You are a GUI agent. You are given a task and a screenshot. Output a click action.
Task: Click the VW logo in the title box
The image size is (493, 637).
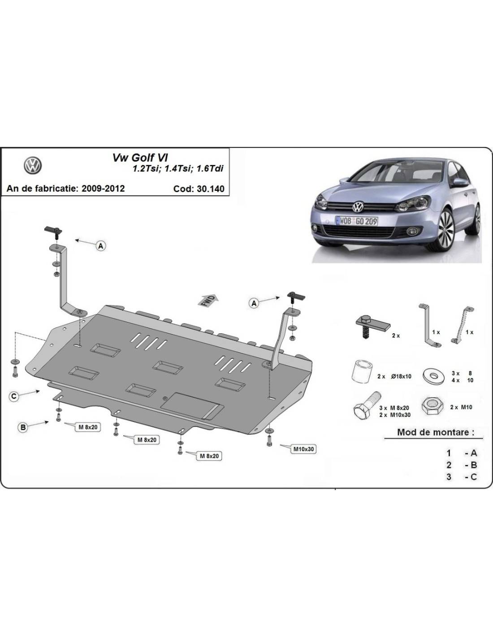click(33, 165)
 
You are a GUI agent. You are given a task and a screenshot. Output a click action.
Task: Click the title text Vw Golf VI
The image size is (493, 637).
click(140, 158)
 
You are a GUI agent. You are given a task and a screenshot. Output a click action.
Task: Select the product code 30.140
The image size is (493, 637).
click(211, 189)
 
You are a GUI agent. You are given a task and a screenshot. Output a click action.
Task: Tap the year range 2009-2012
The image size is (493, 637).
click(103, 188)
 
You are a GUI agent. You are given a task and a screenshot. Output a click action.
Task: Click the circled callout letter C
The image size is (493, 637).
click(14, 396)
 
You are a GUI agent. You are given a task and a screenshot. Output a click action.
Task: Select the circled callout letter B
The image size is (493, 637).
click(23, 427)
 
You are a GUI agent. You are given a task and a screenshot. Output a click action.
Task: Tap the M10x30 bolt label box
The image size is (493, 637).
click(304, 449)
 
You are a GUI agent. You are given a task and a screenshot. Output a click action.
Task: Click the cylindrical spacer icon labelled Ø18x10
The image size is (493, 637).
click(362, 372)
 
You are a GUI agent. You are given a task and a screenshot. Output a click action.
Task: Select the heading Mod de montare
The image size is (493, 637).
click(436, 432)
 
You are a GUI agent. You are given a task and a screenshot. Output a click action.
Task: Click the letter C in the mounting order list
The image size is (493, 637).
click(474, 477)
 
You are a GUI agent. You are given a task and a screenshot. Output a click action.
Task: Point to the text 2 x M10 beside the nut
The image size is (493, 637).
click(461, 407)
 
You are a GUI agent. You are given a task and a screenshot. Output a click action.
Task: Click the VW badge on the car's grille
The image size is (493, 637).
click(358, 207)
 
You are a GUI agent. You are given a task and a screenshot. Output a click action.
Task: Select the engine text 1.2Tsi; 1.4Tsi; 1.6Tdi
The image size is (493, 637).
click(178, 168)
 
